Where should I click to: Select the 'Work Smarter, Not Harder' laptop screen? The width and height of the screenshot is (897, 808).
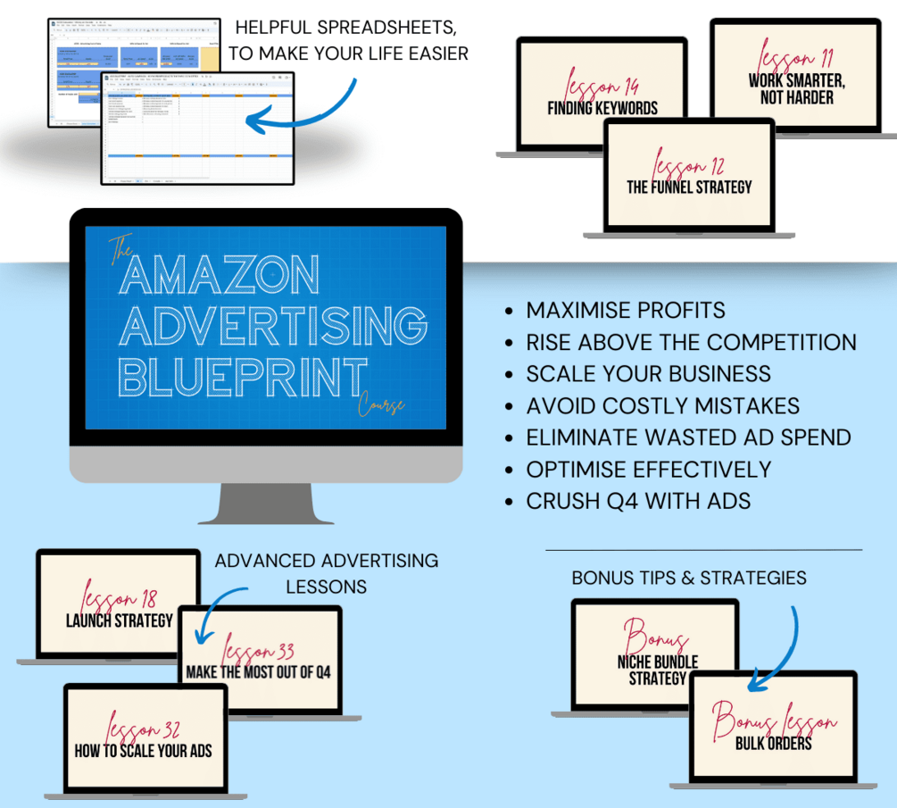click(x=796, y=76)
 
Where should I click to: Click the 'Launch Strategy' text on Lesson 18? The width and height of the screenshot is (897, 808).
click(x=119, y=620)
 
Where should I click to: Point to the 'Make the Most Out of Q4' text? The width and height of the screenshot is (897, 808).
click(x=258, y=671)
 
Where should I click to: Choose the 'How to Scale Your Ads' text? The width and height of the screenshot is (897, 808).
click(x=143, y=750)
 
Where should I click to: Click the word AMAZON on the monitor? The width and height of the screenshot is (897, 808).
click(x=220, y=276)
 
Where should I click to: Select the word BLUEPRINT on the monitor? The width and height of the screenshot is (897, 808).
click(x=244, y=376)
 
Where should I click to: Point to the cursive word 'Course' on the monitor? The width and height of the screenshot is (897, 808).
click(x=383, y=404)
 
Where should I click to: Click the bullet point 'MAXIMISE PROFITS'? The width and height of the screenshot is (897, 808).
click(x=625, y=311)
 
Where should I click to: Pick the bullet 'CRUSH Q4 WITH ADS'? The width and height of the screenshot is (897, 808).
click(x=637, y=501)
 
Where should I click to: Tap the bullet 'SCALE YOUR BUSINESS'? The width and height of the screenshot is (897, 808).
click(x=648, y=374)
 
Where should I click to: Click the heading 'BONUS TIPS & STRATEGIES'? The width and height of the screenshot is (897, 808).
click(x=689, y=578)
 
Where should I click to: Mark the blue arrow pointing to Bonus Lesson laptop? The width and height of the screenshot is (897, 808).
click(x=778, y=652)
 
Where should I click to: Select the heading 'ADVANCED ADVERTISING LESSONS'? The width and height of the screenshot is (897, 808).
click(x=326, y=573)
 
